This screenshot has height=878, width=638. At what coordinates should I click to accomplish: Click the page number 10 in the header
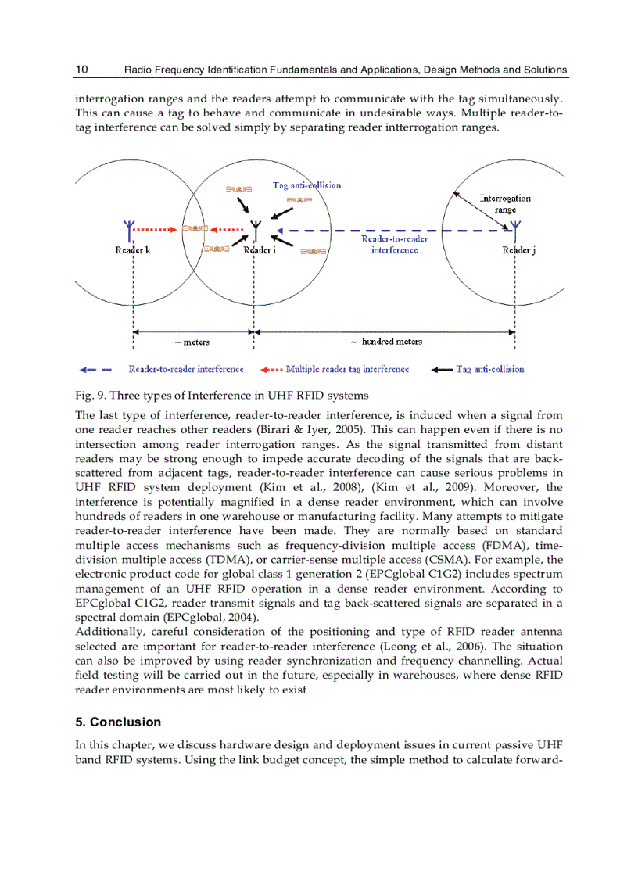click(x=81, y=70)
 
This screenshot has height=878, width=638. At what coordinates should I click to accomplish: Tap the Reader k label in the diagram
click(x=133, y=250)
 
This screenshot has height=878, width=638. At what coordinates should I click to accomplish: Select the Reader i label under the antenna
click(x=259, y=250)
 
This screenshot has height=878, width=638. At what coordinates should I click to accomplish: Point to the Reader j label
click(x=518, y=250)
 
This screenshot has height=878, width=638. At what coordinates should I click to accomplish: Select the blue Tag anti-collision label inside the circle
click(x=306, y=185)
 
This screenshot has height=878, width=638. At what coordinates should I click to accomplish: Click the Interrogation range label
click(x=505, y=204)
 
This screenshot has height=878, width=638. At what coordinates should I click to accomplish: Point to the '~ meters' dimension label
click(x=192, y=342)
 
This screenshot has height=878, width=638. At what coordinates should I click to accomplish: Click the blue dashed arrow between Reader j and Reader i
click(x=391, y=231)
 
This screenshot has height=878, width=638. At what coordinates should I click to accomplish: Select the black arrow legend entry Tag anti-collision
click(x=489, y=369)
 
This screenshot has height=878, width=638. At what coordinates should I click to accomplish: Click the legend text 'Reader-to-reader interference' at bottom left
click(x=186, y=369)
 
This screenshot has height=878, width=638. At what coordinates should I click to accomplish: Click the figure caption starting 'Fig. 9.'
click(x=221, y=395)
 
